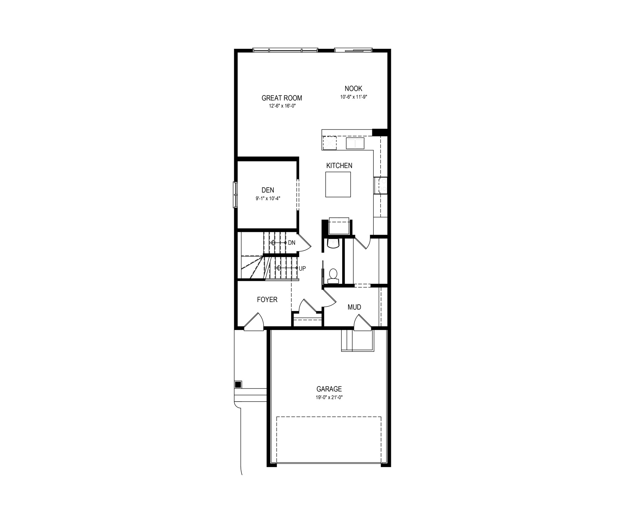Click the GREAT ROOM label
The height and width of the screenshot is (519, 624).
282,98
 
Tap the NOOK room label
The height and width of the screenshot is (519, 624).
353,89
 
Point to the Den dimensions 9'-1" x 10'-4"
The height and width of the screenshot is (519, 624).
268,198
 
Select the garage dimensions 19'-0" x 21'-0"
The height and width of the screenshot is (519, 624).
329,397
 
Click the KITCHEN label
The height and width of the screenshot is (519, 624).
339,166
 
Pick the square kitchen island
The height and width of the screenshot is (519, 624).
338,184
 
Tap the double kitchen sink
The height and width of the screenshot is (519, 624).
355,143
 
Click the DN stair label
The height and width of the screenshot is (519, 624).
292,243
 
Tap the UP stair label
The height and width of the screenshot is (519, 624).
302,268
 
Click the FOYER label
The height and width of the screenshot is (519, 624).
267,299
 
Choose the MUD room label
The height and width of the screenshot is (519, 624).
354,307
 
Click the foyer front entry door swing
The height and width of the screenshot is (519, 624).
253,322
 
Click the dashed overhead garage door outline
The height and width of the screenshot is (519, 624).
329,440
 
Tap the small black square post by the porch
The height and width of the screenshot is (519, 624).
238,384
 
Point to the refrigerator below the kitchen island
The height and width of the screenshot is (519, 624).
339,226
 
